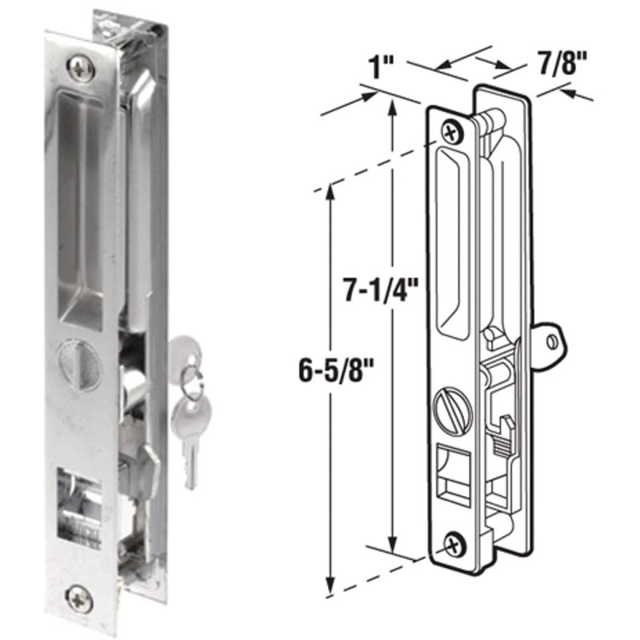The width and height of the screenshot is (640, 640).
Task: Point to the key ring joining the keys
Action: [194, 381]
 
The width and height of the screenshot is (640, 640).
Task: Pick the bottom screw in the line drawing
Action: [455, 543]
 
